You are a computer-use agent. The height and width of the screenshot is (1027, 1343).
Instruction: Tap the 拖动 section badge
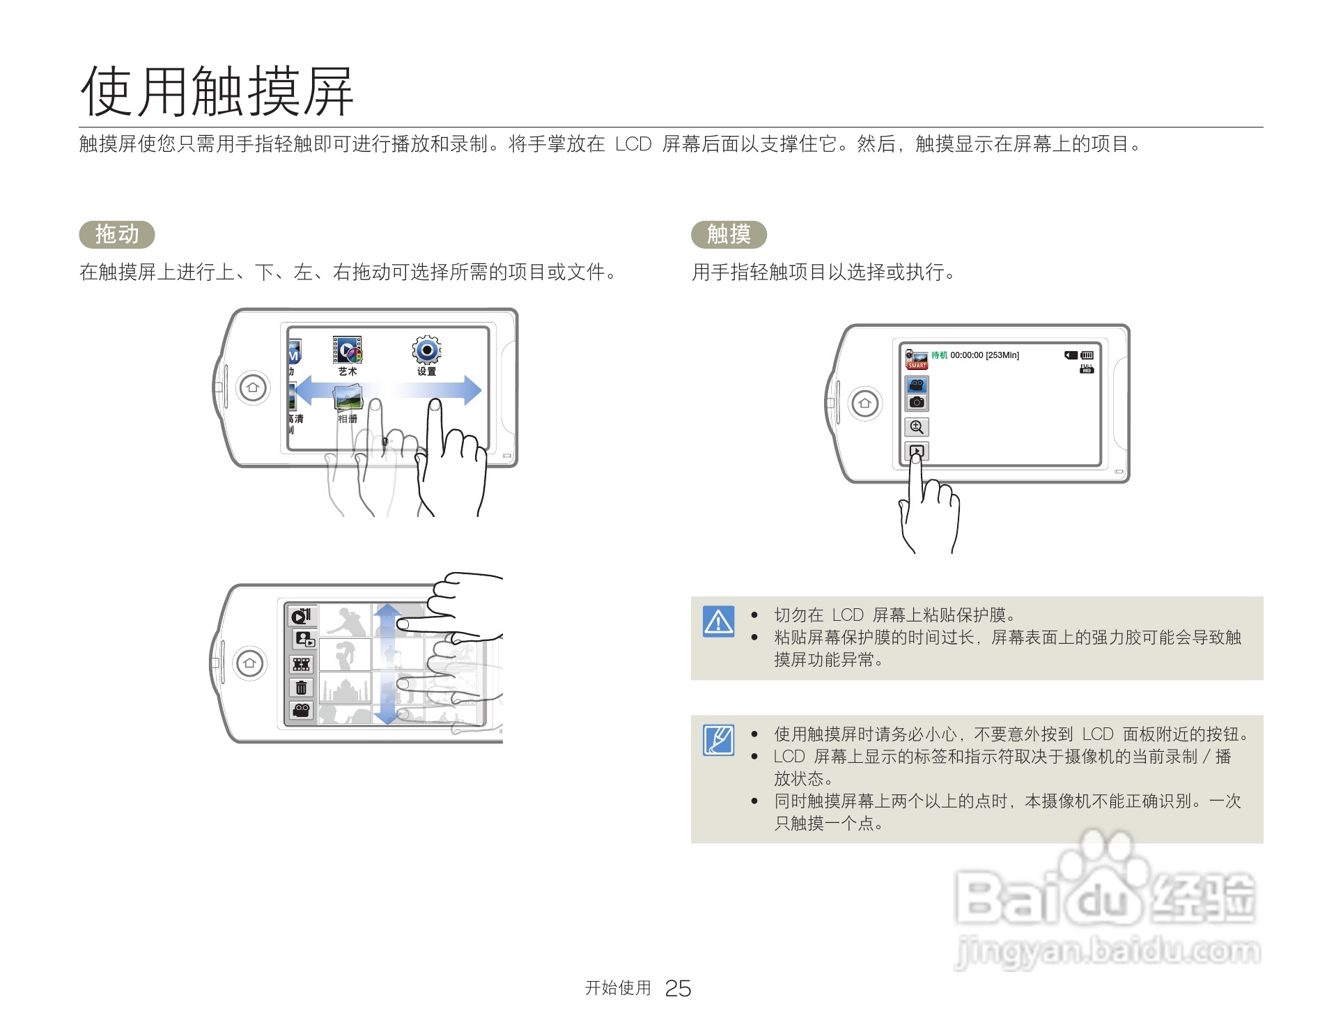point(116,234)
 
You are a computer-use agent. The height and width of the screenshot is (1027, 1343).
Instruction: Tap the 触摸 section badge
point(728,234)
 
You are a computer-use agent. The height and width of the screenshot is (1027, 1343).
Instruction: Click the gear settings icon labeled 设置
point(426,350)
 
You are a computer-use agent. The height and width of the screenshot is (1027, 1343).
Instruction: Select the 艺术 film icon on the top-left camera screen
point(347,350)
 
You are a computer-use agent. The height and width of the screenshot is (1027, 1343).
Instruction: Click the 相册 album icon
point(348,399)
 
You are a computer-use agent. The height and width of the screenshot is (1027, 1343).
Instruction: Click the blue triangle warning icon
point(718,621)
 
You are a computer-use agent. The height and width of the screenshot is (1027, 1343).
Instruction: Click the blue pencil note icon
point(718,740)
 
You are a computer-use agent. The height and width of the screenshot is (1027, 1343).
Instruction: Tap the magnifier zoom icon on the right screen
point(916,427)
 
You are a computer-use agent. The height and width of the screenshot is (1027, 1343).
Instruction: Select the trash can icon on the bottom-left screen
point(301,688)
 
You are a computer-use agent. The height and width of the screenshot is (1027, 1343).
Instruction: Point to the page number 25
point(677,988)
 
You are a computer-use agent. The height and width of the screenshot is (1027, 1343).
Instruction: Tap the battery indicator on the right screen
point(1087,355)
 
